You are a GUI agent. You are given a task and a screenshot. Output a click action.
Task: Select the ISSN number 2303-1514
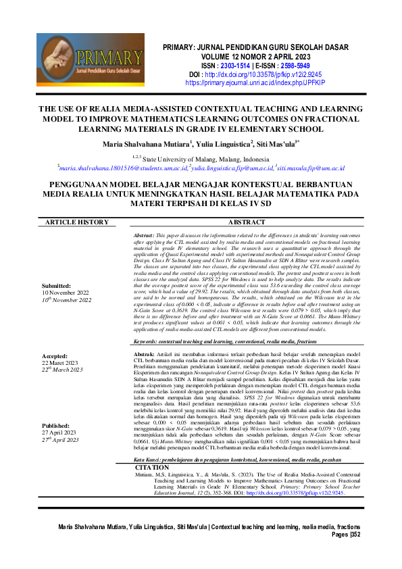[237, 66]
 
